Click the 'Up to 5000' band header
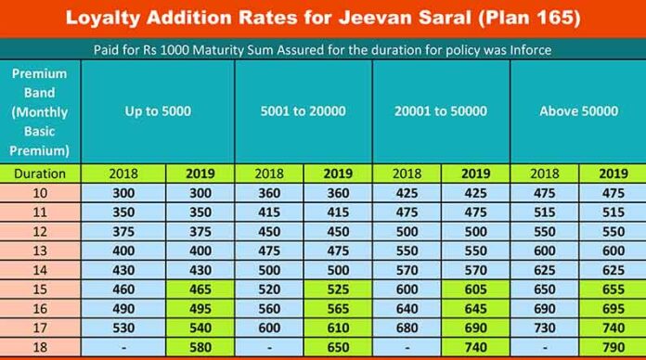point(157,111)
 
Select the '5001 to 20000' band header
point(303,111)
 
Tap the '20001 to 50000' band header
point(440,111)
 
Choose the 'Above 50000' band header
point(578,111)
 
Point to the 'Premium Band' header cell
point(40,111)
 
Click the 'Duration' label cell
point(40,173)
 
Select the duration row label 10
point(40,193)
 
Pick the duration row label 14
point(40,271)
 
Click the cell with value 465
point(200,290)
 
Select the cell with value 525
point(338,290)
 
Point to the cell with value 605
point(476,290)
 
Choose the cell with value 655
point(613,290)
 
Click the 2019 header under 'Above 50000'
point(613,173)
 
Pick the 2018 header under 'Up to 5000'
point(123,173)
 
